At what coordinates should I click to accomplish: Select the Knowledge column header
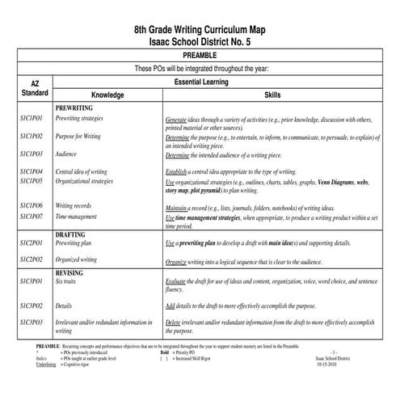pos(107,95)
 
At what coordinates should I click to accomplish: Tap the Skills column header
pos(272,95)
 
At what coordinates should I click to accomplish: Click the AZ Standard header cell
pos(35,88)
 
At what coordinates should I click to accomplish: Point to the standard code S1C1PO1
pos(32,118)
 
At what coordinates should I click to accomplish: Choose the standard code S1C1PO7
pos(32,217)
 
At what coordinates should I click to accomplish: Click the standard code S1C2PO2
pos(32,259)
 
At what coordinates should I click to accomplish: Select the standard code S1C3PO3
pos(32,322)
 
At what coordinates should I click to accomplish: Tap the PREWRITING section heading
pos(74,107)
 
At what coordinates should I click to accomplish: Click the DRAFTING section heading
pos(71,234)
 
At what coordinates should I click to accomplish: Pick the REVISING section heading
pos(70,273)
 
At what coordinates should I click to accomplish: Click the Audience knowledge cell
pos(66,154)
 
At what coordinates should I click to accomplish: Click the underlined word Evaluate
pos(177,280)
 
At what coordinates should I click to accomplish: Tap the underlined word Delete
pos(174,322)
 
